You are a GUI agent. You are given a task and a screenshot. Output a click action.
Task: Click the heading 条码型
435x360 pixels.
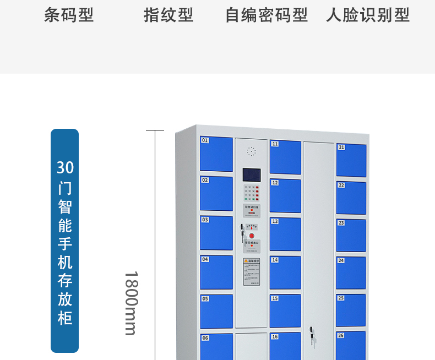tap(69, 15)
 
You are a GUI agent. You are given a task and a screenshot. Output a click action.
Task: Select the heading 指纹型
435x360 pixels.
tap(168, 15)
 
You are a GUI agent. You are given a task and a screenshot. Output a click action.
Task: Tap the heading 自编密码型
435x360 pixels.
tap(267, 15)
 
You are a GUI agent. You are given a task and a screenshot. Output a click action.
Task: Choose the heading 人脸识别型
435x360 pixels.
tap(368, 15)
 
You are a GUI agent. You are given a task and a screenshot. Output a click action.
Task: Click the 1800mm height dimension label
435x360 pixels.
tap(130, 303)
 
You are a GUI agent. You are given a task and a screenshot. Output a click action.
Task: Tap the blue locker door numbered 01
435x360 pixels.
tap(216, 154)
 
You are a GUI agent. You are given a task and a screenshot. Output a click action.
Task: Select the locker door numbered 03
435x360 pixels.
tap(216, 233)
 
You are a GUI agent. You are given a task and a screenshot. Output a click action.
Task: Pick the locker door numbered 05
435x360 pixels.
tap(216, 312)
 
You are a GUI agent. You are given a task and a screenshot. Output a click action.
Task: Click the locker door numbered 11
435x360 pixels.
tap(285, 157)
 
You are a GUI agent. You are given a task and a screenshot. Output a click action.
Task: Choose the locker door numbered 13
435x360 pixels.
tap(285, 234)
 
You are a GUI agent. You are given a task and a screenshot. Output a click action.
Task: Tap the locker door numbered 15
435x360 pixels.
tap(285, 311)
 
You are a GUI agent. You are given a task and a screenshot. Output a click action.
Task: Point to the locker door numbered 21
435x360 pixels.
tap(351, 160)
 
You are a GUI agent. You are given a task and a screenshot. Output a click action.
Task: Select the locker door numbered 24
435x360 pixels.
tap(351, 272)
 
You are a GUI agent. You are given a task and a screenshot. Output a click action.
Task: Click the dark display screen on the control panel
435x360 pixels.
tap(251, 174)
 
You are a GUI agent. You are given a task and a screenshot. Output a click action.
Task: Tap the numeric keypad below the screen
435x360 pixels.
tap(251, 193)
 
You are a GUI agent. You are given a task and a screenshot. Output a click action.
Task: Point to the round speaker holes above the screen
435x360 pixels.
tap(251, 151)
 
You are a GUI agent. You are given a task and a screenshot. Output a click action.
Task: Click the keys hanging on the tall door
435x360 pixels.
tap(312, 335)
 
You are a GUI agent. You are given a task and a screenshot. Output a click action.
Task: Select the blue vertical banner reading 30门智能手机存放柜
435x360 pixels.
tap(65, 241)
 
